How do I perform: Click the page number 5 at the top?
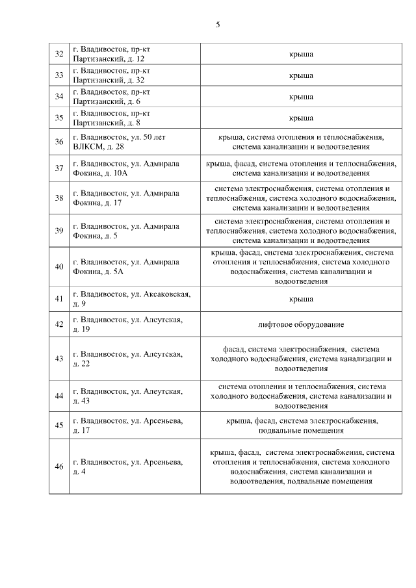tap(218, 25)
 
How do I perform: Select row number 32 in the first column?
tap(59, 54)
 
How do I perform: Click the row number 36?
tap(59, 142)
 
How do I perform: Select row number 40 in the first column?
tap(59, 266)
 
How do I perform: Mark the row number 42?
tap(59, 324)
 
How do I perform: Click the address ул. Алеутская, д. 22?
tap(127, 359)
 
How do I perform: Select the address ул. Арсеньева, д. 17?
tap(127, 426)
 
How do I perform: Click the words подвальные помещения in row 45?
tap(301, 430)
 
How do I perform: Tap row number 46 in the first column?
tap(59, 467)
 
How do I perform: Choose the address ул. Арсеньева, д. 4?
tap(127, 467)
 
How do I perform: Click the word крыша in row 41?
tap(301, 299)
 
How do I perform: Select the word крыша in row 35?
tap(301, 118)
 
